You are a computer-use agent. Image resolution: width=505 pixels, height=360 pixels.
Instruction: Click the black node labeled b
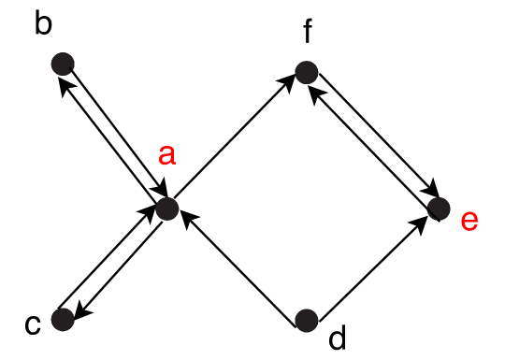point(63,65)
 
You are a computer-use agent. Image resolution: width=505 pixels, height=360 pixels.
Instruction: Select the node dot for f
point(305,71)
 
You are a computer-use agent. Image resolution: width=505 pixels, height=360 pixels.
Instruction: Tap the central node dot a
point(166,208)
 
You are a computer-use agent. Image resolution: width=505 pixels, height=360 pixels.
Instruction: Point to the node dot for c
point(63,320)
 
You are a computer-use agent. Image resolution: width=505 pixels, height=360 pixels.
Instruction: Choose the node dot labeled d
point(306,320)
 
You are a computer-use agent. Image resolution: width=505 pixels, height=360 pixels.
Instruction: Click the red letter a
point(166,156)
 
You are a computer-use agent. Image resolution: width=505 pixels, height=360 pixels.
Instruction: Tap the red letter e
point(469,221)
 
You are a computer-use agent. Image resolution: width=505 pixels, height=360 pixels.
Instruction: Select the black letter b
point(43,24)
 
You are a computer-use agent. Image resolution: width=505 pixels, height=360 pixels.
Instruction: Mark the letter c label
point(33,324)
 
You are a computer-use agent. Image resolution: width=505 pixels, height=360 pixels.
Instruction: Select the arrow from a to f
point(234,140)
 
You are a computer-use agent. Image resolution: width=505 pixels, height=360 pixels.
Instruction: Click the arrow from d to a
point(239,266)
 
